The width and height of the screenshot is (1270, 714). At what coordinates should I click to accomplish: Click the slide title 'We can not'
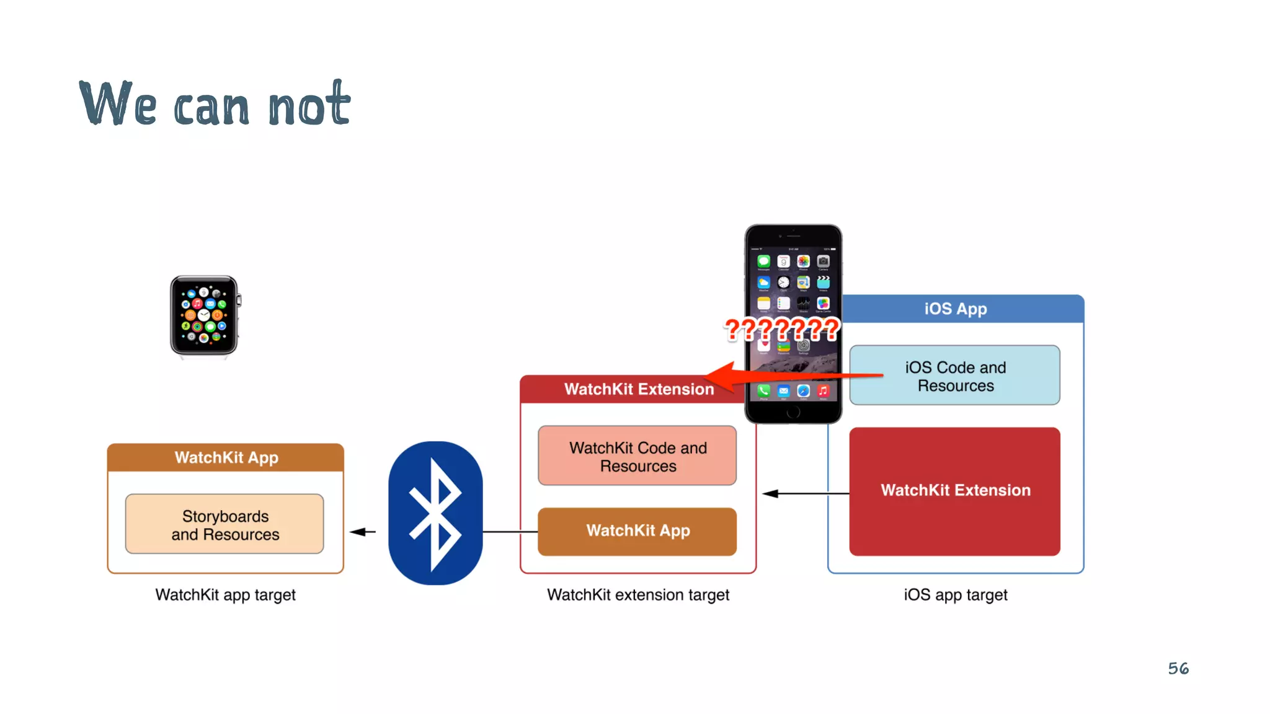[215, 104]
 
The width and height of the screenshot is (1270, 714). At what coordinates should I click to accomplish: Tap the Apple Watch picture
[204, 315]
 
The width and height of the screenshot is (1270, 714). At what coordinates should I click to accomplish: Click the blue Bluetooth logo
[435, 513]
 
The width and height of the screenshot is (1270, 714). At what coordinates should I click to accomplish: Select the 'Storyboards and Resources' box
[224, 524]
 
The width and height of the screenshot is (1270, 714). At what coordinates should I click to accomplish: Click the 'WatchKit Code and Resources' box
[637, 456]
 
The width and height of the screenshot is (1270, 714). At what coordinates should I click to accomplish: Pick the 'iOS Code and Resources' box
[955, 376]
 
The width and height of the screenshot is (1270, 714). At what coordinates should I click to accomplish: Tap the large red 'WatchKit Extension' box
[955, 491]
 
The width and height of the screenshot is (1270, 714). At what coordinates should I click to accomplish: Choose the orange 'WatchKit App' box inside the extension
[637, 531]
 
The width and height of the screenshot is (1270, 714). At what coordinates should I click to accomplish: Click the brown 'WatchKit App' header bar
[226, 457]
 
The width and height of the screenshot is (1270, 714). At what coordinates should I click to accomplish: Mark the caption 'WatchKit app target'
[225, 595]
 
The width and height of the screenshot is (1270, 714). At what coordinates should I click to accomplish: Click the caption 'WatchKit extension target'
[637, 595]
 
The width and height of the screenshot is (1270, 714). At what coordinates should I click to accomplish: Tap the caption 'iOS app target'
[955, 595]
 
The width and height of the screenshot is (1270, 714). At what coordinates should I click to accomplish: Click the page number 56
[1178, 668]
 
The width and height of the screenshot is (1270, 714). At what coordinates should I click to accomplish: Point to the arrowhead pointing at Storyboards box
[358, 532]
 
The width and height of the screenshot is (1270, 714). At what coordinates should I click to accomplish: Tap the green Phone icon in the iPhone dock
[764, 390]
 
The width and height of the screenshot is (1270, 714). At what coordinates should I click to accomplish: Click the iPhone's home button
[793, 412]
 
